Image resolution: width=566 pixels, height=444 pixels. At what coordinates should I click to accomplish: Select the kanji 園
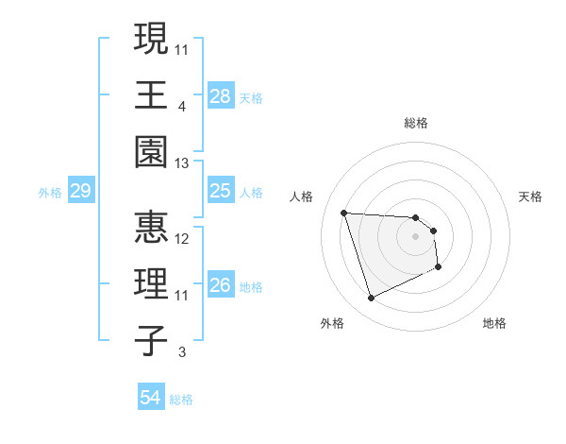click(x=149, y=151)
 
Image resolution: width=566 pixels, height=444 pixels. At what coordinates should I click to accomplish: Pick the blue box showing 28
click(x=221, y=95)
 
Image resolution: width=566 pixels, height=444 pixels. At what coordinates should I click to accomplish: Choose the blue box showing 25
click(x=221, y=192)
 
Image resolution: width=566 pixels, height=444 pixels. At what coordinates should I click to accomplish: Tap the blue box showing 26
click(x=221, y=285)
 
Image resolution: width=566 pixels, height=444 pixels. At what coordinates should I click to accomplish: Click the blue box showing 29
click(x=80, y=192)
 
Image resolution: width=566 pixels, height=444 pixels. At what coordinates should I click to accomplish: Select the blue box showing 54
click(x=151, y=399)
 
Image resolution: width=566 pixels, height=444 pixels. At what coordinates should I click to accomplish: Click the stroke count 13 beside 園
click(x=182, y=164)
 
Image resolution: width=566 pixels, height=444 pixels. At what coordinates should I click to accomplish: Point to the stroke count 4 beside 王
click(x=181, y=107)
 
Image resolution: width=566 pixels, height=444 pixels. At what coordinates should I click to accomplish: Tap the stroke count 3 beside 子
click(x=181, y=353)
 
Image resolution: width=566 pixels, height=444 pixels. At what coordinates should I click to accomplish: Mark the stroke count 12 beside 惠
click(x=182, y=239)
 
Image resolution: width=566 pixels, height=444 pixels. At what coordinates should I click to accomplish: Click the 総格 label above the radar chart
click(x=415, y=123)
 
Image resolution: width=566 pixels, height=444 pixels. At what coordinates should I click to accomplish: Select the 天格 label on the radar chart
click(x=531, y=196)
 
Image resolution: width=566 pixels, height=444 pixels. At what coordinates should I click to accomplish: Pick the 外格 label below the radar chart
click(x=332, y=323)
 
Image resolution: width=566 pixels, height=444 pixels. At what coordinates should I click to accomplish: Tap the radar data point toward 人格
click(x=344, y=213)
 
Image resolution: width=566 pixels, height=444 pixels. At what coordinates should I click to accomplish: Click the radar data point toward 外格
click(x=371, y=299)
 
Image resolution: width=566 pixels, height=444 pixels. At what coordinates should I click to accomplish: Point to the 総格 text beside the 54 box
click(x=181, y=400)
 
